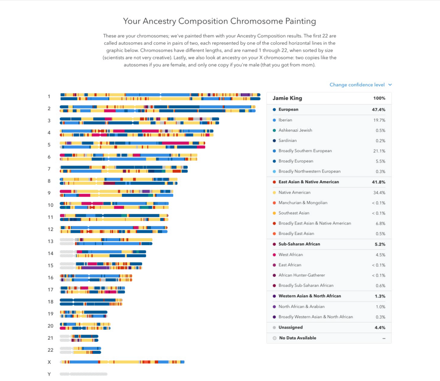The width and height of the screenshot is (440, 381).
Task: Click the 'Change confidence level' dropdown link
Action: (360, 85)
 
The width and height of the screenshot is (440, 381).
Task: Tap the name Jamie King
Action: (287, 98)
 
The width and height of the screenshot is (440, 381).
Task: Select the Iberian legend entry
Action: (285, 120)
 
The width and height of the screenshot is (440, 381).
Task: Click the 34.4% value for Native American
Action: (379, 192)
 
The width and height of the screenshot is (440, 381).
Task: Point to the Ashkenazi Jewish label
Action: (295, 130)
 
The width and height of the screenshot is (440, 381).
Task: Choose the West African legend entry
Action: (290, 255)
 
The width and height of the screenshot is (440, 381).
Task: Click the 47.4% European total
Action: (379, 110)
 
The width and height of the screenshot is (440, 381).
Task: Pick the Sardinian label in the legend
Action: (287, 141)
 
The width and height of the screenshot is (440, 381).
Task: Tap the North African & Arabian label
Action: (301, 307)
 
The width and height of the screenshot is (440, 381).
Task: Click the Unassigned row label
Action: (290, 328)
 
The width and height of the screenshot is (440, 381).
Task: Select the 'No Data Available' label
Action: (297, 338)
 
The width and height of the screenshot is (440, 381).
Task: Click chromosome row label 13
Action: (50, 242)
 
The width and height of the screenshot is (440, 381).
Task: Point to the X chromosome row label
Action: (49, 362)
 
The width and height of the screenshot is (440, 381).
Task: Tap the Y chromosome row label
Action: (49, 374)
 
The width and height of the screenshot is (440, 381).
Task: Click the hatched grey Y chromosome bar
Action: (83, 374)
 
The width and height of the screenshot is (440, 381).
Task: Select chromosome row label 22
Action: (50, 350)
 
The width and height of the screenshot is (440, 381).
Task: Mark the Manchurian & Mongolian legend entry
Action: (302, 203)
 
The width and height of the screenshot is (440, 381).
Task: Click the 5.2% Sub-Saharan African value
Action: (379, 244)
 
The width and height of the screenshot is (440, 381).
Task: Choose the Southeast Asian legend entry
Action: (293, 213)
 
